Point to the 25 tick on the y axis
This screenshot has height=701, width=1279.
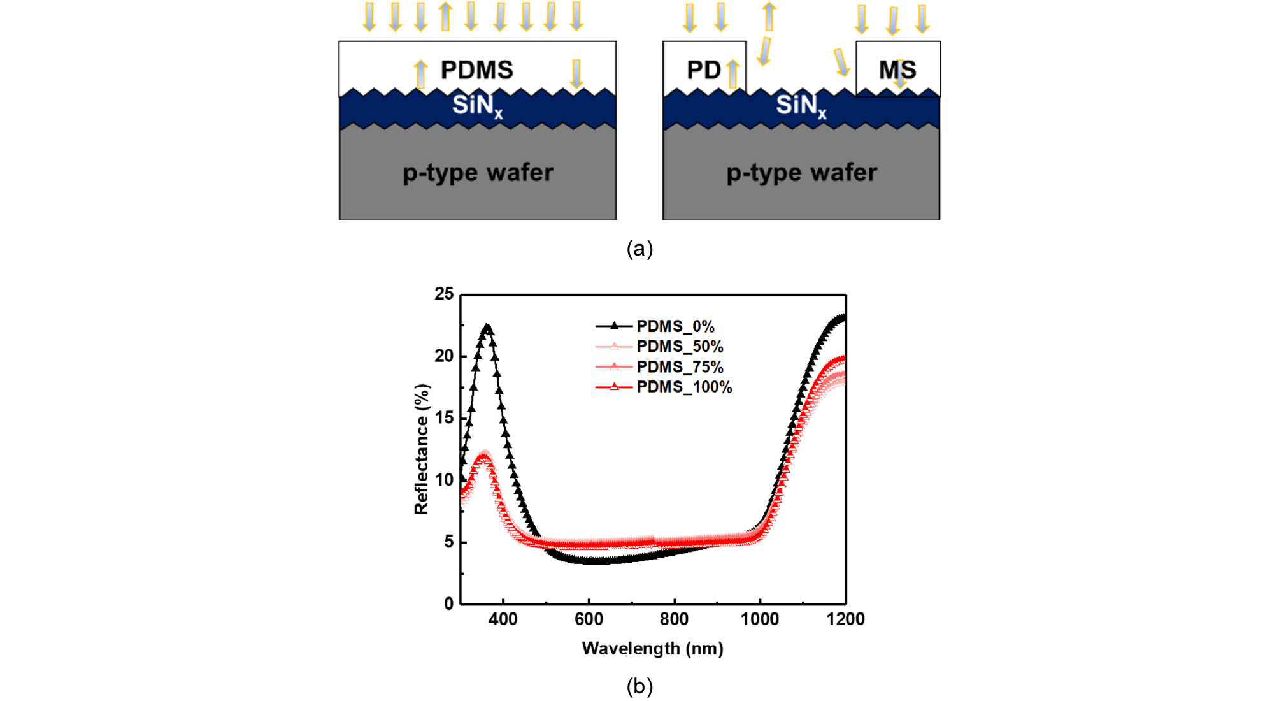click(444, 294)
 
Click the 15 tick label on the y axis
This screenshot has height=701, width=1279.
click(444, 418)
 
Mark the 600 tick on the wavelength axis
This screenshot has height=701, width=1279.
click(589, 619)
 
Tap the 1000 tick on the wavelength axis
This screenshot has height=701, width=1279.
click(759, 619)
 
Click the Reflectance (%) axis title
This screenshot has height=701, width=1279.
click(422, 449)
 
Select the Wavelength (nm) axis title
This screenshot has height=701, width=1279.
click(652, 649)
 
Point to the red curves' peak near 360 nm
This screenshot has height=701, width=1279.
click(485, 455)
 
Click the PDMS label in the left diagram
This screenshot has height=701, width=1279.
click(476, 70)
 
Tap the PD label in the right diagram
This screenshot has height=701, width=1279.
click(703, 70)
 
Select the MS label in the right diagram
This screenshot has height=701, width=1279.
click(897, 70)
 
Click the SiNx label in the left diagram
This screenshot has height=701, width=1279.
click(477, 105)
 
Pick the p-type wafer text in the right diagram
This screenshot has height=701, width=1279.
click(801, 173)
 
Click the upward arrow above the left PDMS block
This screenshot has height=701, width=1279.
click(445, 17)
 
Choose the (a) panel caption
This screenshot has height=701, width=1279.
click(639, 249)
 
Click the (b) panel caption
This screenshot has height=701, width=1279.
click(639, 686)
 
